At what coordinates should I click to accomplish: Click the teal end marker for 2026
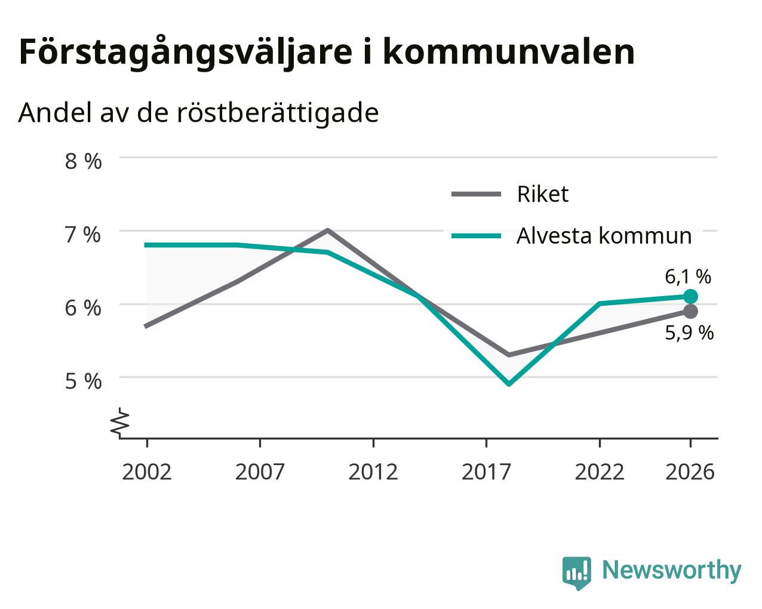tap(690, 296)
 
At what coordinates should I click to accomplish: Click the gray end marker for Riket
tap(690, 312)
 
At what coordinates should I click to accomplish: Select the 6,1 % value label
tap(687, 276)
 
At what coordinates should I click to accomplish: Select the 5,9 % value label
tap(689, 333)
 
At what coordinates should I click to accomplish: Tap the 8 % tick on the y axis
tap(83, 161)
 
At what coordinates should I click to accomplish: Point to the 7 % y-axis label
tap(83, 235)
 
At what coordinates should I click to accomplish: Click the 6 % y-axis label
tap(83, 308)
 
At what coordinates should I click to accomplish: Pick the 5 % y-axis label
tap(83, 382)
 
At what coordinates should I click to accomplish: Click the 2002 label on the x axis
tap(146, 472)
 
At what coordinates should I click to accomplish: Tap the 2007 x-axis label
tap(260, 472)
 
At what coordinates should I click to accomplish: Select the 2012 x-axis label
tap(373, 472)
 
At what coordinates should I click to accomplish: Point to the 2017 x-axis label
tap(486, 472)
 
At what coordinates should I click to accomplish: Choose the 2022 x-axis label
tap(600, 472)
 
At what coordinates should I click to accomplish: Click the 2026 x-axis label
tap(690, 472)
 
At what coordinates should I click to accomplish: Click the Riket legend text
tap(542, 194)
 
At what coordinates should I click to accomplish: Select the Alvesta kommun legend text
tap(604, 236)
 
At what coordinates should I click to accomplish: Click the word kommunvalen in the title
tap(509, 52)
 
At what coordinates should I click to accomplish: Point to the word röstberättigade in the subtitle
tap(278, 113)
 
